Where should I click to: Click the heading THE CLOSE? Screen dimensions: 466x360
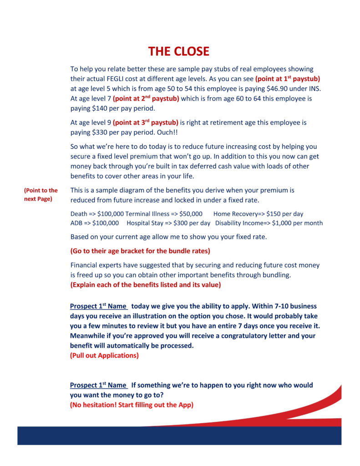(x=179, y=51)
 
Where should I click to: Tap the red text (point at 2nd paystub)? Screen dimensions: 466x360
(x=146, y=98)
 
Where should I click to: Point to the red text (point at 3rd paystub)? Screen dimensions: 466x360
(x=146, y=122)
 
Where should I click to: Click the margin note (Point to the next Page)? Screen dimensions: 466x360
(x=41, y=195)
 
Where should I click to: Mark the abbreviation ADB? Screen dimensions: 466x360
(x=76, y=223)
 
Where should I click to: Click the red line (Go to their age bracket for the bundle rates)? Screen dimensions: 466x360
(x=140, y=251)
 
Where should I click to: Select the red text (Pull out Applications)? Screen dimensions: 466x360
(x=104, y=355)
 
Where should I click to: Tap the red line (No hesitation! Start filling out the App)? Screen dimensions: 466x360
(x=132, y=405)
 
